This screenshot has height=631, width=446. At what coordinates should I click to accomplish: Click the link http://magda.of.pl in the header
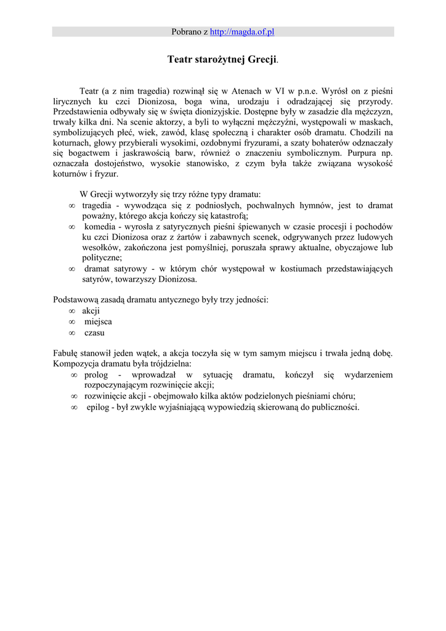click(241, 32)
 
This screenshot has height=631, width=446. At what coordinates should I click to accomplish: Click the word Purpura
click(364, 153)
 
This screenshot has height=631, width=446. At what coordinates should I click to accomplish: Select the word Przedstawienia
click(81, 112)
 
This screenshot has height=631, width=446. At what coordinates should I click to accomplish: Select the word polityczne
click(102, 258)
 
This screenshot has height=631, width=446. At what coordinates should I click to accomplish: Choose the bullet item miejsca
click(98, 322)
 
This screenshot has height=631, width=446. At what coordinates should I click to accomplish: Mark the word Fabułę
click(67, 353)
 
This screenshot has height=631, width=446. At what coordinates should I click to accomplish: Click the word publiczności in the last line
click(335, 407)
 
